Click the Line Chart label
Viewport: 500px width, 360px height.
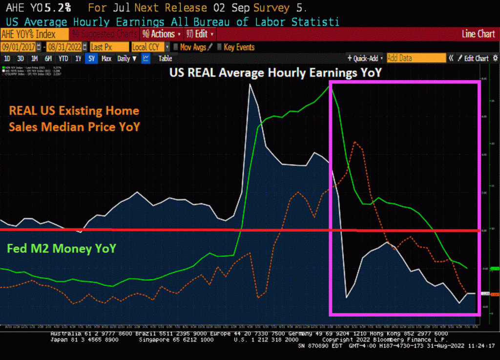click(x=478, y=34)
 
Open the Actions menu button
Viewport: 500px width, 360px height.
click(x=161, y=34)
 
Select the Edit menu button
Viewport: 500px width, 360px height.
click(x=200, y=34)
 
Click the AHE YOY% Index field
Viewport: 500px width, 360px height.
click(x=35, y=34)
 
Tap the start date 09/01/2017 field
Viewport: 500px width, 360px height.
click(x=21, y=47)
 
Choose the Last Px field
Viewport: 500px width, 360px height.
click(x=109, y=47)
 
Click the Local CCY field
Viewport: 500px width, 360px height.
click(x=147, y=47)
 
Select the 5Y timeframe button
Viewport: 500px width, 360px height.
click(x=91, y=59)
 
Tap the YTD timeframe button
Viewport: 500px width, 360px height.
click(x=63, y=59)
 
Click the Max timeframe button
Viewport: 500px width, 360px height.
click(x=106, y=59)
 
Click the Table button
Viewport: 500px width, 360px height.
click(x=165, y=59)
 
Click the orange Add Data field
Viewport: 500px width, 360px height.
click(x=416, y=58)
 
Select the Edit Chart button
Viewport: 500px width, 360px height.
click(x=473, y=59)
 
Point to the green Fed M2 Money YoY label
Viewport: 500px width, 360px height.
click(x=62, y=248)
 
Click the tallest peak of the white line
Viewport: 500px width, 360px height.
click(x=250, y=85)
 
